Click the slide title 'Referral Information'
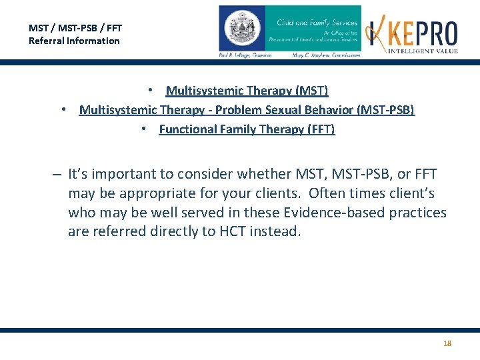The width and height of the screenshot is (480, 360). [74, 41]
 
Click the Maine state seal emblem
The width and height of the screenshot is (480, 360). [242, 29]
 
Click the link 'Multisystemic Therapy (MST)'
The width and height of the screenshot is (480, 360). [247, 90]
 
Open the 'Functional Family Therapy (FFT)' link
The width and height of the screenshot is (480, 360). [247, 129]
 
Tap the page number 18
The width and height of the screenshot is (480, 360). [447, 343]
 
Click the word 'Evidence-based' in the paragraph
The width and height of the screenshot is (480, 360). [338, 213]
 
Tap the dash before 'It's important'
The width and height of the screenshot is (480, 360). [58, 175]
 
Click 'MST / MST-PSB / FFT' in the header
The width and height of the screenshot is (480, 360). [75, 28]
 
